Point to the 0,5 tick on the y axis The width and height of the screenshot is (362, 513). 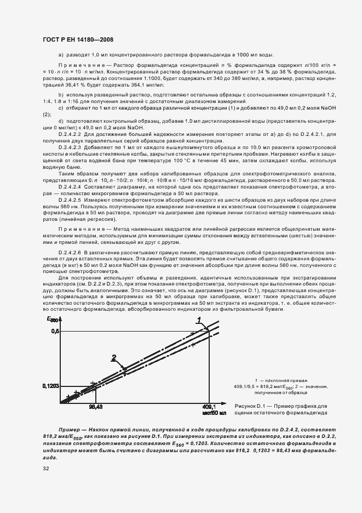(x=54, y=331)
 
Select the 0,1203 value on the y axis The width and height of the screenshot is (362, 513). (x=50, y=386)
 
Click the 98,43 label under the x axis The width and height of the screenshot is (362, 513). (x=96, y=407)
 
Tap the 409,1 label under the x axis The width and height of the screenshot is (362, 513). (x=210, y=407)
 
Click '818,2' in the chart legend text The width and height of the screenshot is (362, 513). (x=269, y=386)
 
